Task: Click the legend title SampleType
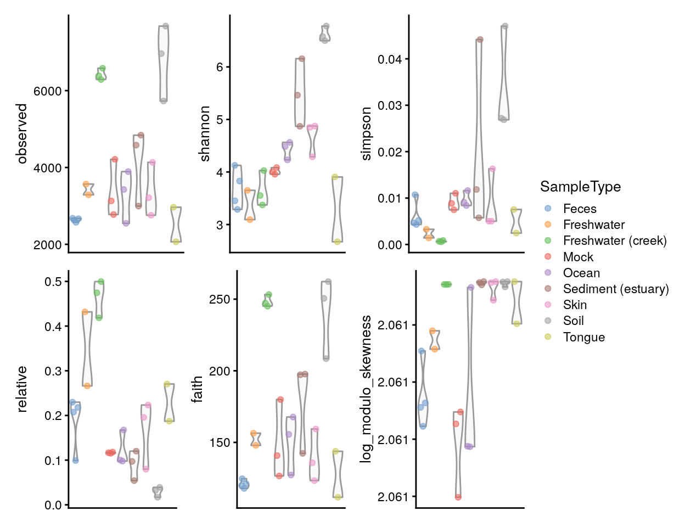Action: [x=580, y=187]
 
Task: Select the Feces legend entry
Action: [x=571, y=209]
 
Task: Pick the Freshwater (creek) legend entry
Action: [x=605, y=241]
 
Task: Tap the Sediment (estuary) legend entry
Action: [x=606, y=289]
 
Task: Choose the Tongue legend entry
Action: [x=575, y=337]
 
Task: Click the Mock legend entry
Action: [x=569, y=257]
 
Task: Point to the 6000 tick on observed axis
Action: [x=47, y=91]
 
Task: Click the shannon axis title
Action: [x=205, y=133]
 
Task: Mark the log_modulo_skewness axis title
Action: [x=366, y=389]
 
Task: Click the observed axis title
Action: [x=22, y=133]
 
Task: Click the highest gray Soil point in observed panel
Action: [x=166, y=26]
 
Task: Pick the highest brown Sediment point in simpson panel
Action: [x=480, y=40]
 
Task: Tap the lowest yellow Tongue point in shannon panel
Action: [x=338, y=242]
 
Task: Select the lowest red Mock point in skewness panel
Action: [x=458, y=497]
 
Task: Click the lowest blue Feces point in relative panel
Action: [x=75, y=461]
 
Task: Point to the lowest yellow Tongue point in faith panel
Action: [x=338, y=497]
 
